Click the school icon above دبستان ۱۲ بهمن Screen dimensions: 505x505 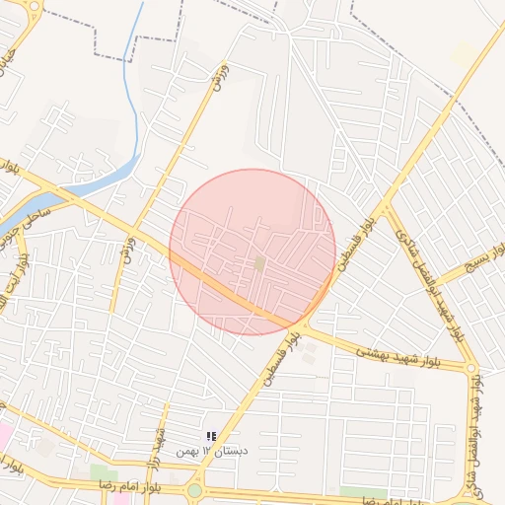[x=210, y=436]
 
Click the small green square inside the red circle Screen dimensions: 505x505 [x=259, y=263]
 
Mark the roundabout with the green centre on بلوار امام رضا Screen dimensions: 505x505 [x=194, y=490]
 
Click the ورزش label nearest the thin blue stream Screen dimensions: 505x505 [x=219, y=77]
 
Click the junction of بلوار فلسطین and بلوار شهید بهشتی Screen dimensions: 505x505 [x=307, y=325]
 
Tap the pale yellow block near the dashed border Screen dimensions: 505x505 [x=465, y=54]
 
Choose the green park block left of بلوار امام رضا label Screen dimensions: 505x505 [x=103, y=473]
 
